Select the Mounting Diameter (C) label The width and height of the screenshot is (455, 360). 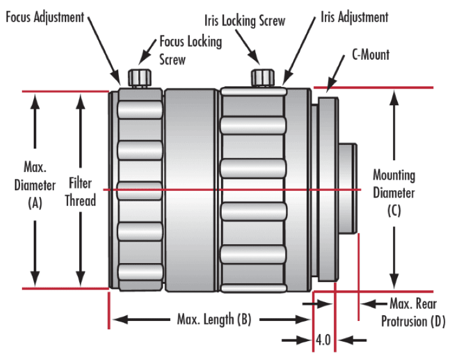click(x=394, y=192)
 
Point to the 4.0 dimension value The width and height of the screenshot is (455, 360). click(x=323, y=340)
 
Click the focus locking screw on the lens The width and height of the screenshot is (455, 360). click(x=139, y=77)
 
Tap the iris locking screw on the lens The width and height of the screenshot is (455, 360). click(x=264, y=77)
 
